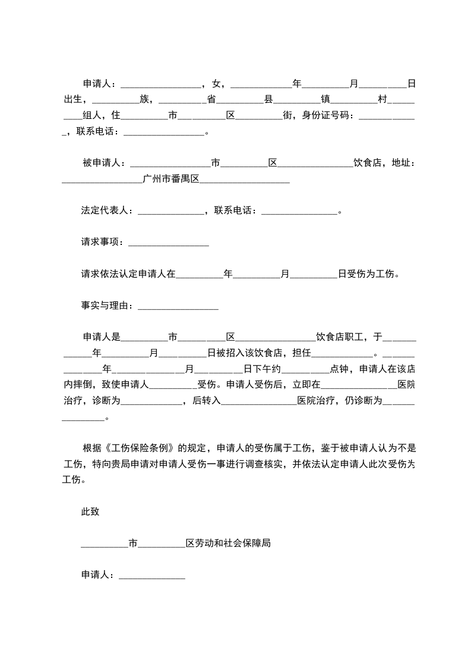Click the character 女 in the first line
[x=216, y=84]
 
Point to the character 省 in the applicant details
[x=211, y=99]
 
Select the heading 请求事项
[x=100, y=243]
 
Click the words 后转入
[x=206, y=401]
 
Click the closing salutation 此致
[x=90, y=511]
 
